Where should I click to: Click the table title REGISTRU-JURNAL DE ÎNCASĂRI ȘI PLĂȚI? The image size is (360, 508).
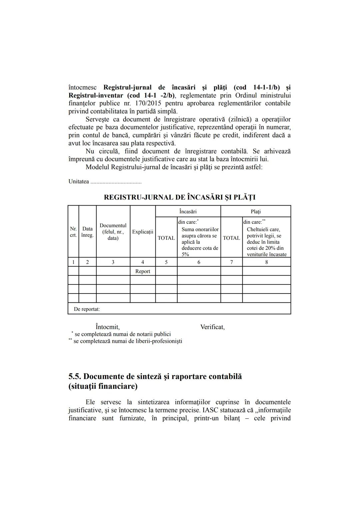coord(180,197)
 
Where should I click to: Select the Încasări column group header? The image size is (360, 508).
coord(188,212)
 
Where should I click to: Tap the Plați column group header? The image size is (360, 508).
coord(256,212)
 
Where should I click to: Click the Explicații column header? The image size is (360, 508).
coord(143,232)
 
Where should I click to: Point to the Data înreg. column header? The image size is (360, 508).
coord(87,232)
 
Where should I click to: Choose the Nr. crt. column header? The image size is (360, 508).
coord(73,232)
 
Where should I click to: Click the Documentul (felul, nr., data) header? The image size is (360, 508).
coord(113,232)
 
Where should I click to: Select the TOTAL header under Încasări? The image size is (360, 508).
coord(166,238)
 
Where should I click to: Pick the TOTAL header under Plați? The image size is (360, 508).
coord(231,238)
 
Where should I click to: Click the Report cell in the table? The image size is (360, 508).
coord(143,271)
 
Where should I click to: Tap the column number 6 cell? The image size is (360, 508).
coord(199,262)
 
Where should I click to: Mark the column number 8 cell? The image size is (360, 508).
coord(266,262)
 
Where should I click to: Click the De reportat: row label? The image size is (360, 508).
coord(87,309)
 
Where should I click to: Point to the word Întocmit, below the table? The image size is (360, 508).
coord(107,327)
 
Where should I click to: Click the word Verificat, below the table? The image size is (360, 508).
coord(212,327)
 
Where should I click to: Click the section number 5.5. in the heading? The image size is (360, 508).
coord(75,376)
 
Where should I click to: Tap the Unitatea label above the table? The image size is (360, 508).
coord(79,182)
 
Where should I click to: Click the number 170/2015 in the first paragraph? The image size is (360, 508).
coord(148,103)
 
